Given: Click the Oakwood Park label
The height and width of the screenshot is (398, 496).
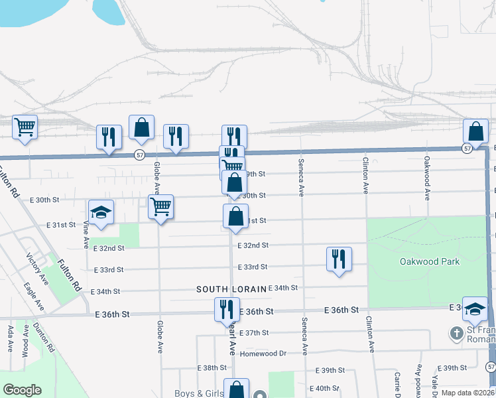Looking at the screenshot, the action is (430, 261).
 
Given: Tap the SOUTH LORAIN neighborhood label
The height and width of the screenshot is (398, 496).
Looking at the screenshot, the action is (231, 289).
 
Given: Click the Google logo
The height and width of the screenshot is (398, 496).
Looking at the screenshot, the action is (22, 390).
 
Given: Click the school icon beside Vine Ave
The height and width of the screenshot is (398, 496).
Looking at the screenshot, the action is (101, 213).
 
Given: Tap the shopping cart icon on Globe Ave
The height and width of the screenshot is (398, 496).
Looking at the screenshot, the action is (160, 207).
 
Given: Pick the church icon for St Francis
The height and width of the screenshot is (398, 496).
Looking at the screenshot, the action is (456, 332).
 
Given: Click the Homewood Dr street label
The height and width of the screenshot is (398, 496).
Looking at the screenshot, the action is (264, 353).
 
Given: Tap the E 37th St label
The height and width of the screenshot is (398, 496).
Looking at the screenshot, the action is (254, 332).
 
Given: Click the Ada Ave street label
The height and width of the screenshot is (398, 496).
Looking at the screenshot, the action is (9, 338).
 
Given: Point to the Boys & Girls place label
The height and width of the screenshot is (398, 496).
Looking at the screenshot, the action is (198, 393).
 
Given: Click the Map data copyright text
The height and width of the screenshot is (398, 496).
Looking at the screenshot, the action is (468, 393).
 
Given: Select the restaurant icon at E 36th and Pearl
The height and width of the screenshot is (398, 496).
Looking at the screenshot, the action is (226, 309).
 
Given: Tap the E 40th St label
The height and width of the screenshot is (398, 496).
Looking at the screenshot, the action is (324, 388).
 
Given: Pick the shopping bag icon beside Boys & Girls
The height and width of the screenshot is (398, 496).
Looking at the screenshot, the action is (235, 389).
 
